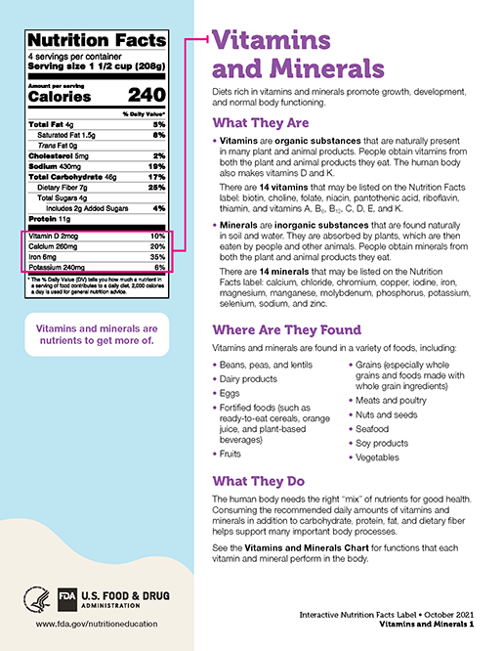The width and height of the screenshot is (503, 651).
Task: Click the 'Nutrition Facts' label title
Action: pyautogui.click(x=97, y=40)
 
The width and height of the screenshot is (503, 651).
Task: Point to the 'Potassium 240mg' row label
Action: pyautogui.click(x=58, y=266)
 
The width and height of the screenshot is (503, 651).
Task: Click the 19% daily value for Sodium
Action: pyautogui.click(x=157, y=166)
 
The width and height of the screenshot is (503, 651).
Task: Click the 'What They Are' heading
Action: pyautogui.click(x=261, y=123)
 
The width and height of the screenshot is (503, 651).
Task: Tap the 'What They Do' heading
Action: pyautogui.click(x=259, y=481)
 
